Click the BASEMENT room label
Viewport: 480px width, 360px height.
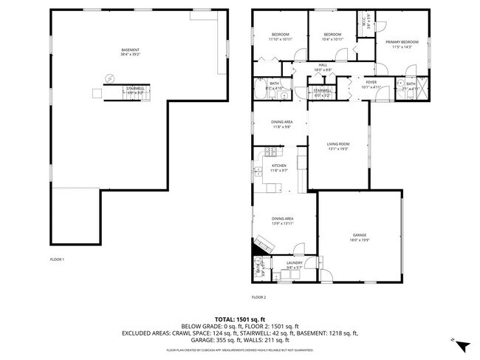[130, 50]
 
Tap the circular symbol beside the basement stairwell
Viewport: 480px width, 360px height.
[110, 78]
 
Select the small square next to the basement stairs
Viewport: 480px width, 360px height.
[96, 92]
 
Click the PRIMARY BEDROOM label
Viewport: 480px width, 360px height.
[402, 42]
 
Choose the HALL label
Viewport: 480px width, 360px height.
[323, 65]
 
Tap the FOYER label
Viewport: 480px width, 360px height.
[370, 82]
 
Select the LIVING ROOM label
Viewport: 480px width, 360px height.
[338, 144]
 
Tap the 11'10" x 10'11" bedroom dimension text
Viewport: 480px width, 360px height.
[280, 39]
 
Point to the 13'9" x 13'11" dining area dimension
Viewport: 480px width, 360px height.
[282, 223]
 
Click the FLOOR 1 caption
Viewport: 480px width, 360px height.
[57, 259]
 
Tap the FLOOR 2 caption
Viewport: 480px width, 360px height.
[258, 296]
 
